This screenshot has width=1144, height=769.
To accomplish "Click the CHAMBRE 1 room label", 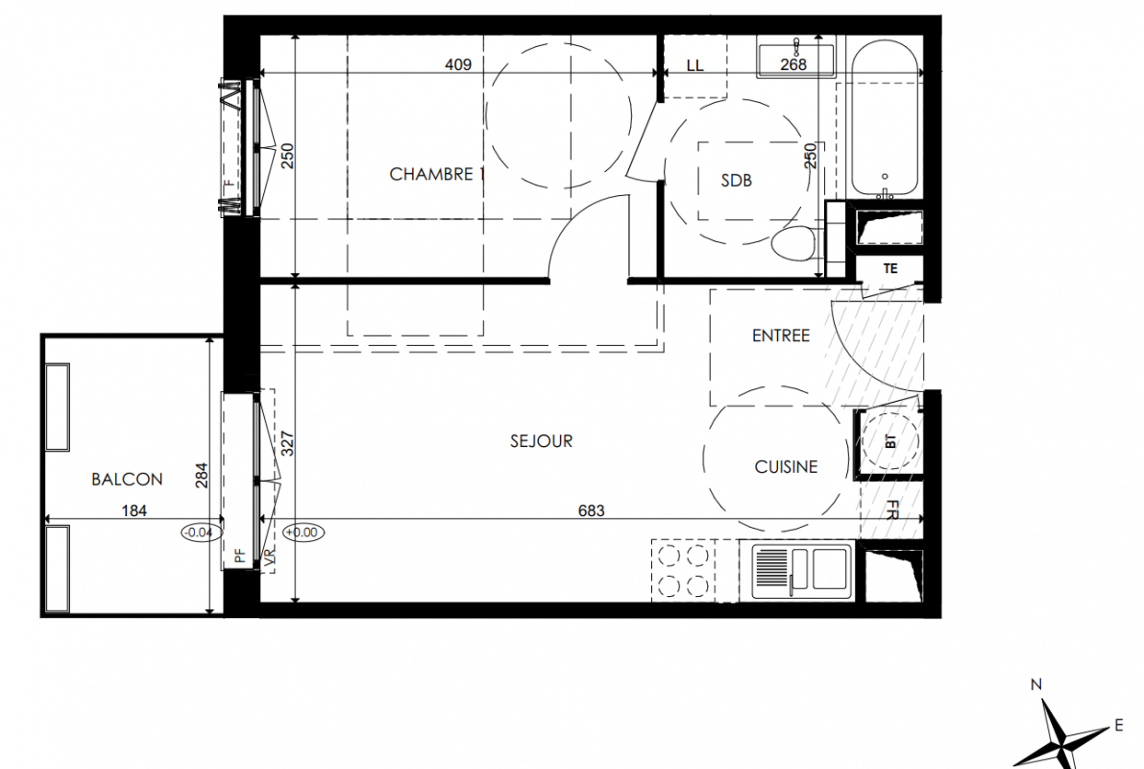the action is click(437, 174).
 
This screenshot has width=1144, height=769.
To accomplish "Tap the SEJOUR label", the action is click(542, 441).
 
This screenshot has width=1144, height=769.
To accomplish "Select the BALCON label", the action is click(127, 479).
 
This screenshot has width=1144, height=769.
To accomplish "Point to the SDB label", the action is click(736, 180).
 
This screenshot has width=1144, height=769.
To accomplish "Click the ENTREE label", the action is click(781, 335).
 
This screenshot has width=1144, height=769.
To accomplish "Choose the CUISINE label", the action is click(786, 466).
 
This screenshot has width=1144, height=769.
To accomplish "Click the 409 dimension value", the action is click(458, 64).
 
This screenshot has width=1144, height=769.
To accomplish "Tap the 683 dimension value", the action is click(591, 510).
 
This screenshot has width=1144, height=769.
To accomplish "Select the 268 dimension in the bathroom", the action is click(793, 64).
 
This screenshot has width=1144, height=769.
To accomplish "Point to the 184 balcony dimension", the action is click(134, 510).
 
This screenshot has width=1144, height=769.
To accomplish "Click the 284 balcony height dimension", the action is click(202, 475).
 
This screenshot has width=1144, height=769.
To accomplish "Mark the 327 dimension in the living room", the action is click(287, 444).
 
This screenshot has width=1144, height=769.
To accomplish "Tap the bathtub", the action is click(885, 119).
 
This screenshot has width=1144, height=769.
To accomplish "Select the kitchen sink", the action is click(802, 568).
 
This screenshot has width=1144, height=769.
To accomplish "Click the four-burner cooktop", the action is click(684, 570).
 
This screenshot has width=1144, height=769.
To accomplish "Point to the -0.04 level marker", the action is click(199, 533).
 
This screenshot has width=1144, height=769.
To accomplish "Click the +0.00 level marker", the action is click(302, 533).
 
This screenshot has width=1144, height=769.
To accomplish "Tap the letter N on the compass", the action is click(1036, 684).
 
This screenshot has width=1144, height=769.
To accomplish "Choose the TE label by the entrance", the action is click(890, 269).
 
